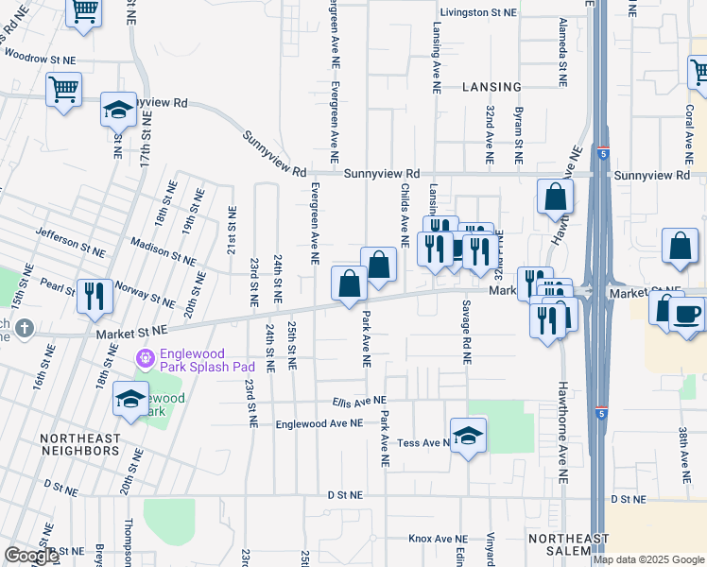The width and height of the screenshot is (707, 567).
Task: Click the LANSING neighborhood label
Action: (x=491, y=86)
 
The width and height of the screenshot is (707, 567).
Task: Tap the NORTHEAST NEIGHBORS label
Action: (x=80, y=445)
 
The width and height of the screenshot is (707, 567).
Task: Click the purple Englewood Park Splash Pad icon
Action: (x=144, y=359)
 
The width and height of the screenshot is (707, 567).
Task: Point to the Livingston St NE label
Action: (x=476, y=13)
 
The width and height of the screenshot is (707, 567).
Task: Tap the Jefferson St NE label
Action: (x=70, y=242)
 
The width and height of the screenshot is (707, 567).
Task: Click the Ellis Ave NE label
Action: (x=360, y=401)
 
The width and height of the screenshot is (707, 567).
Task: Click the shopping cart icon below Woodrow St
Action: (x=63, y=90)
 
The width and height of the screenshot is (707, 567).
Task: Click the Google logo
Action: (x=30, y=556)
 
